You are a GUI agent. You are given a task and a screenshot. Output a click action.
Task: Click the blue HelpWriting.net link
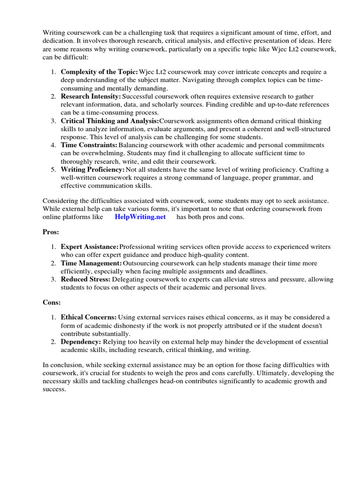140,217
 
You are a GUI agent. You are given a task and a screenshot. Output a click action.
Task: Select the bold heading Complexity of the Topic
99,72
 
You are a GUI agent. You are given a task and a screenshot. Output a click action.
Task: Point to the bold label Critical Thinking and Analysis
110,120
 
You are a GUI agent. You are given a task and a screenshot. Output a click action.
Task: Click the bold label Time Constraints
89,145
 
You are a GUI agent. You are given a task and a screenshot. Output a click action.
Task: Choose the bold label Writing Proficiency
93,169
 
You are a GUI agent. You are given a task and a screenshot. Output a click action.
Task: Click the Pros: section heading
51,232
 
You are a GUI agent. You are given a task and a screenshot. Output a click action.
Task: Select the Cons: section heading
52,303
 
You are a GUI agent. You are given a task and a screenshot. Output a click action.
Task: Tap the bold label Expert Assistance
90,247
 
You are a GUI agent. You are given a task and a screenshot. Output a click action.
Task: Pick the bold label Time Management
91,263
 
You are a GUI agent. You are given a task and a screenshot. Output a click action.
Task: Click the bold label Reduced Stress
86,279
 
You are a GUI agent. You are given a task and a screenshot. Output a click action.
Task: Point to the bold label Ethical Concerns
89,317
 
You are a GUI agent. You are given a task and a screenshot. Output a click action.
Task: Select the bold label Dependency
81,342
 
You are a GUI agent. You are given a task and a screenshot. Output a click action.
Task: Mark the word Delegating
128,279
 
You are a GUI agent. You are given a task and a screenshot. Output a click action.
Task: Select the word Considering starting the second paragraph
60,201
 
